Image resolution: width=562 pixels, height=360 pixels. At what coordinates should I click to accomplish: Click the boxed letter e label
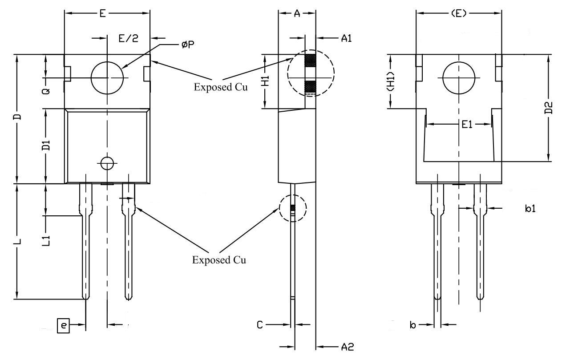coord(64,326)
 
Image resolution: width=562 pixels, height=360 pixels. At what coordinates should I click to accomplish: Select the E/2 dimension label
coord(128,38)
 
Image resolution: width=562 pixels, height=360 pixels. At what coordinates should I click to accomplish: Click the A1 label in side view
coord(347,38)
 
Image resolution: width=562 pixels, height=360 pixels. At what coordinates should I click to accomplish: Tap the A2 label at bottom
coord(347,347)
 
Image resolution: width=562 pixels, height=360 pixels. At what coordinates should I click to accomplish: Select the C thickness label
coord(260,325)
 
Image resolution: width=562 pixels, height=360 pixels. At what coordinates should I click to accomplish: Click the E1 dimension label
coord(466,125)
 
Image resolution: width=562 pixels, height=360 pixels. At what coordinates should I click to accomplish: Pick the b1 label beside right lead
coord(530,208)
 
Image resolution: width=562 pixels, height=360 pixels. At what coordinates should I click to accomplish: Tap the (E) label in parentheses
coord(458,14)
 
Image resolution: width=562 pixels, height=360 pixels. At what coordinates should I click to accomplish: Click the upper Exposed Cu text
coord(220,87)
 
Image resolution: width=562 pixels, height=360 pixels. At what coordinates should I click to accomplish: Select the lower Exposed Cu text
coord(219,260)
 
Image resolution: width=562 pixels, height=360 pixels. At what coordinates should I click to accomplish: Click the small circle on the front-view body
coord(107,163)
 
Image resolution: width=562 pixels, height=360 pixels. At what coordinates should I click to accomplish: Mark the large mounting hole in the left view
coord(107,78)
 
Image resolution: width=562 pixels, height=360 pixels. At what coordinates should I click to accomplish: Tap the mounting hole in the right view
coord(458,78)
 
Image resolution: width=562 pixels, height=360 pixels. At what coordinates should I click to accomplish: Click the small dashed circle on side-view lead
coord(293,208)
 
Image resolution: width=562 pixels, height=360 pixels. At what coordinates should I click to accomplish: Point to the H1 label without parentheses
coord(265,81)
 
